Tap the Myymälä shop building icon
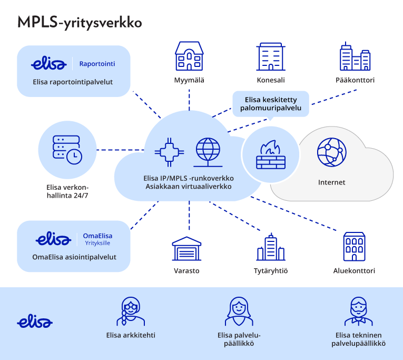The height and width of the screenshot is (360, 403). coord(189,56)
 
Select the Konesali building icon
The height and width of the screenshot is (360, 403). coord(271,57)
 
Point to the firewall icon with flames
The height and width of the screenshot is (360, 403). coord(270,153)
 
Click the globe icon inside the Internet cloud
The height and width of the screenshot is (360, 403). coord(331,152)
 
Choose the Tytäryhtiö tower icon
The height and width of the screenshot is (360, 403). coord(270,247)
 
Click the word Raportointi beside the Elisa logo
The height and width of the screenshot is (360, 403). coord(97,64)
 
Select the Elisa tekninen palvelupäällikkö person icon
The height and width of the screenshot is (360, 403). coord(359,312)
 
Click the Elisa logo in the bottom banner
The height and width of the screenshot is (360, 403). coord(35,322)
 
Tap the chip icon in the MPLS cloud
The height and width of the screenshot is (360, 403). coord(169,151)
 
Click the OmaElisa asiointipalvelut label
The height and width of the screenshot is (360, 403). coord(74,257)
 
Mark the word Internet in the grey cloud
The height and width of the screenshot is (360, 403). coord(332,182)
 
